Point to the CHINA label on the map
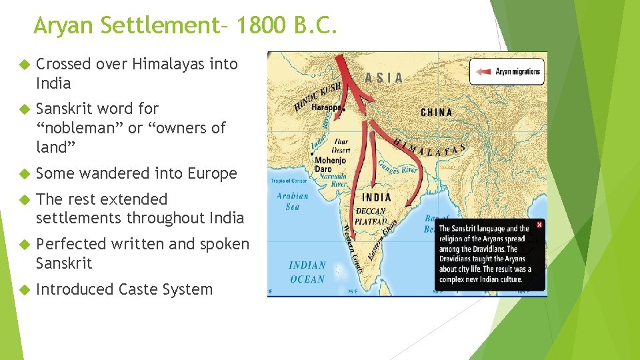point(437,113)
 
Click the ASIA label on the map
point(384,78)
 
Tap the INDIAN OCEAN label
point(307,272)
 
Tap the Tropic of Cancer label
point(289,181)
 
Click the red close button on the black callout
point(539,225)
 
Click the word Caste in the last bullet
point(139,289)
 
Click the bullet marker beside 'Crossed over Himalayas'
point(23,65)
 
